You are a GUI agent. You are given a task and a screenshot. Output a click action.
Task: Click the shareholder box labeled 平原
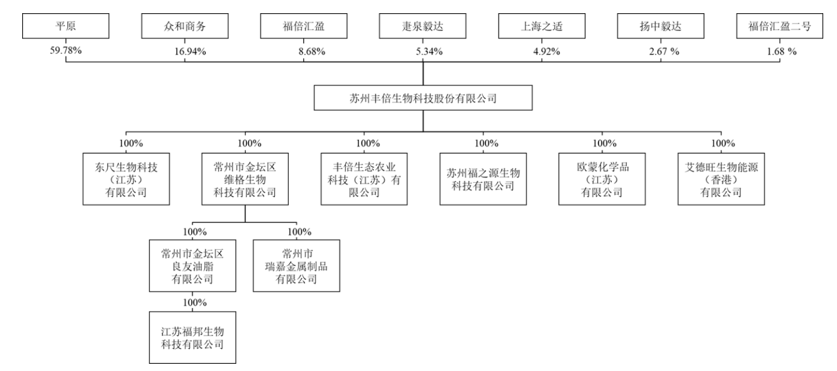pyautogui.click(x=65, y=26)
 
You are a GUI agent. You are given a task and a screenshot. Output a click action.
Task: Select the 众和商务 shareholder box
pyautogui.click(x=185, y=26)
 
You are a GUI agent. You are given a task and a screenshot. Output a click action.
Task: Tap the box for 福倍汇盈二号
pyautogui.click(x=780, y=26)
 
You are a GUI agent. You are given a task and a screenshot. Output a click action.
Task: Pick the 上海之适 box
pyautogui.click(x=542, y=26)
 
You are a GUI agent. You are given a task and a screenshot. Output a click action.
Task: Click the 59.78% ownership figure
pyautogui.click(x=65, y=51)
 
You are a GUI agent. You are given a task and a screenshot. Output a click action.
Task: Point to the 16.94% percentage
pyautogui.click(x=190, y=51)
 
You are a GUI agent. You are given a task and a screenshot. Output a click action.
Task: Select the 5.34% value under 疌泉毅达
pyautogui.click(x=428, y=51)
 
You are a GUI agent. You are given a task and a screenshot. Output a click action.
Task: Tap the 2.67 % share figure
pyautogui.click(x=665, y=51)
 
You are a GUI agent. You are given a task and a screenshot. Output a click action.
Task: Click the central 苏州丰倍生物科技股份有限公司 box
pyautogui.click(x=423, y=98)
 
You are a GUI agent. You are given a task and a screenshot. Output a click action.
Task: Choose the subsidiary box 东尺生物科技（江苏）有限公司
pyautogui.click(x=126, y=179)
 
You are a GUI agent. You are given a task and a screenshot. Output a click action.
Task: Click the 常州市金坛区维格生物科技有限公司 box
pyautogui.click(x=244, y=179)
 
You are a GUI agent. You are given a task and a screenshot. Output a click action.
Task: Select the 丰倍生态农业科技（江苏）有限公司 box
pyautogui.click(x=364, y=179)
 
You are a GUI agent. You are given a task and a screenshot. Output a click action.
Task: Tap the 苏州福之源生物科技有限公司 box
pyautogui.click(x=482, y=179)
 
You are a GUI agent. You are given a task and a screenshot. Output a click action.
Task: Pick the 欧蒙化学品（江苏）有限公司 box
pyautogui.click(x=601, y=179)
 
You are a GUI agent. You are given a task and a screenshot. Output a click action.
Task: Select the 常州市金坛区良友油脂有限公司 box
pyautogui.click(x=192, y=266)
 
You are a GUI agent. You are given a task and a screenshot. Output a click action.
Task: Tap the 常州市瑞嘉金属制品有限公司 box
pyautogui.click(x=296, y=266)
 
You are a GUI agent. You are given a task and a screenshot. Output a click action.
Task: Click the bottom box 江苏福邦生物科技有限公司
pyautogui.click(x=192, y=337)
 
